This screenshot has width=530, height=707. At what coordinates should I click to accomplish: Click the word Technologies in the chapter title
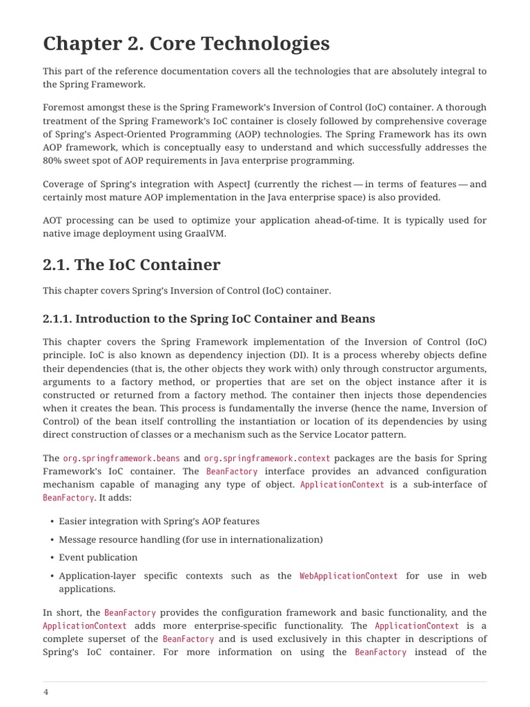point(262,43)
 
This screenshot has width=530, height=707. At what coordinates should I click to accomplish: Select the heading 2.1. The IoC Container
point(132,264)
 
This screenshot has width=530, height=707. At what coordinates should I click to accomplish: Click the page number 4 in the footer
point(46,693)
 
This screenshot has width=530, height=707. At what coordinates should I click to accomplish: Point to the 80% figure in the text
point(55,161)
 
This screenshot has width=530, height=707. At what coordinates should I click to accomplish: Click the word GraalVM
point(204,233)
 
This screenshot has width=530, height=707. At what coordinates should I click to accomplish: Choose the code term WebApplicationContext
point(349,576)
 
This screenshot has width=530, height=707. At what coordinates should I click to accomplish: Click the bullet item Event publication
point(98,557)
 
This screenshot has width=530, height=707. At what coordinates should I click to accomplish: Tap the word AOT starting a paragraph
point(54,220)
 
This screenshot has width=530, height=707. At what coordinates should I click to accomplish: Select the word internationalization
point(271,539)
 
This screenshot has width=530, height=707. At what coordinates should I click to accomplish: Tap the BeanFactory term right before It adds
point(68,497)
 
